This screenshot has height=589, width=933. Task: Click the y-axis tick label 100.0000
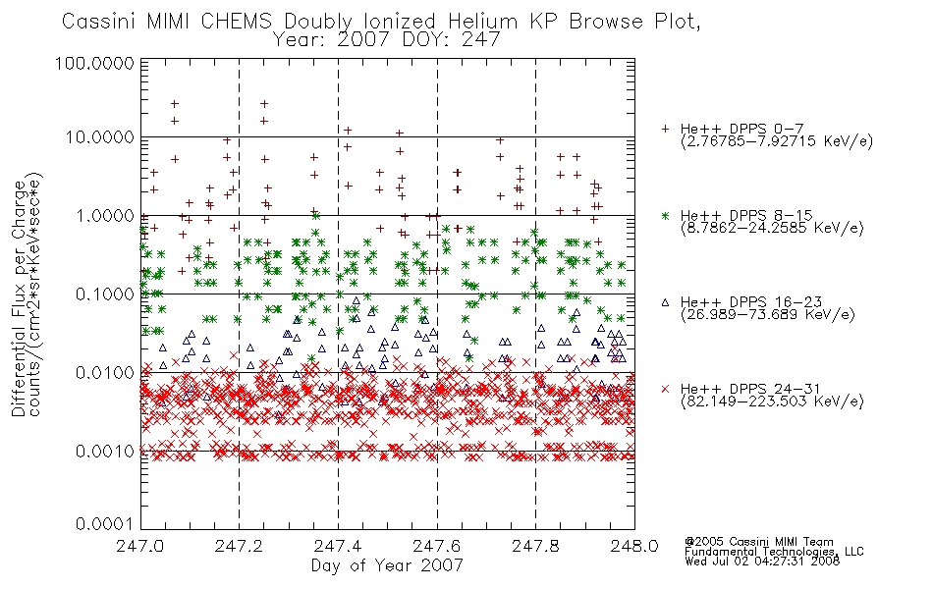point(94,64)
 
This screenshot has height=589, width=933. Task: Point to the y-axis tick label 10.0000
point(99,137)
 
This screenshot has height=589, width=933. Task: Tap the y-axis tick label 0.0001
point(105,524)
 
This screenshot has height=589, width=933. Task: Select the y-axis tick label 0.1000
point(105,294)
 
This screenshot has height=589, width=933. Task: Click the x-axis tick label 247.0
point(139,546)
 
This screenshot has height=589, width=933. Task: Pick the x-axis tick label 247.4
point(338,546)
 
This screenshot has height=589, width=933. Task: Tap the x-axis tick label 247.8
point(535,546)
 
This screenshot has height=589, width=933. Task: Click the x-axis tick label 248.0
point(634,546)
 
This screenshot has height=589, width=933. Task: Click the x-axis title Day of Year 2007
point(387,565)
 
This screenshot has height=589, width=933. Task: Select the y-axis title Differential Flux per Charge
point(20,298)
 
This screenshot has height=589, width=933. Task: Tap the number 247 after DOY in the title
point(482,40)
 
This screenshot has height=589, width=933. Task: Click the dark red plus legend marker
point(666,129)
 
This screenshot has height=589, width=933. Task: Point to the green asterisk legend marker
point(666,215)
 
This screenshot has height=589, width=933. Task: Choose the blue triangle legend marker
point(666,302)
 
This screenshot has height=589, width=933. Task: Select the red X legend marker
point(666,389)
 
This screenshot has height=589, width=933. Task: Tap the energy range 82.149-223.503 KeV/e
point(772,402)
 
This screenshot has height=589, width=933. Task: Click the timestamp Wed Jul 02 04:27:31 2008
point(762,561)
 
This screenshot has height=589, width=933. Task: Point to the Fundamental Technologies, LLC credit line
point(774,552)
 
